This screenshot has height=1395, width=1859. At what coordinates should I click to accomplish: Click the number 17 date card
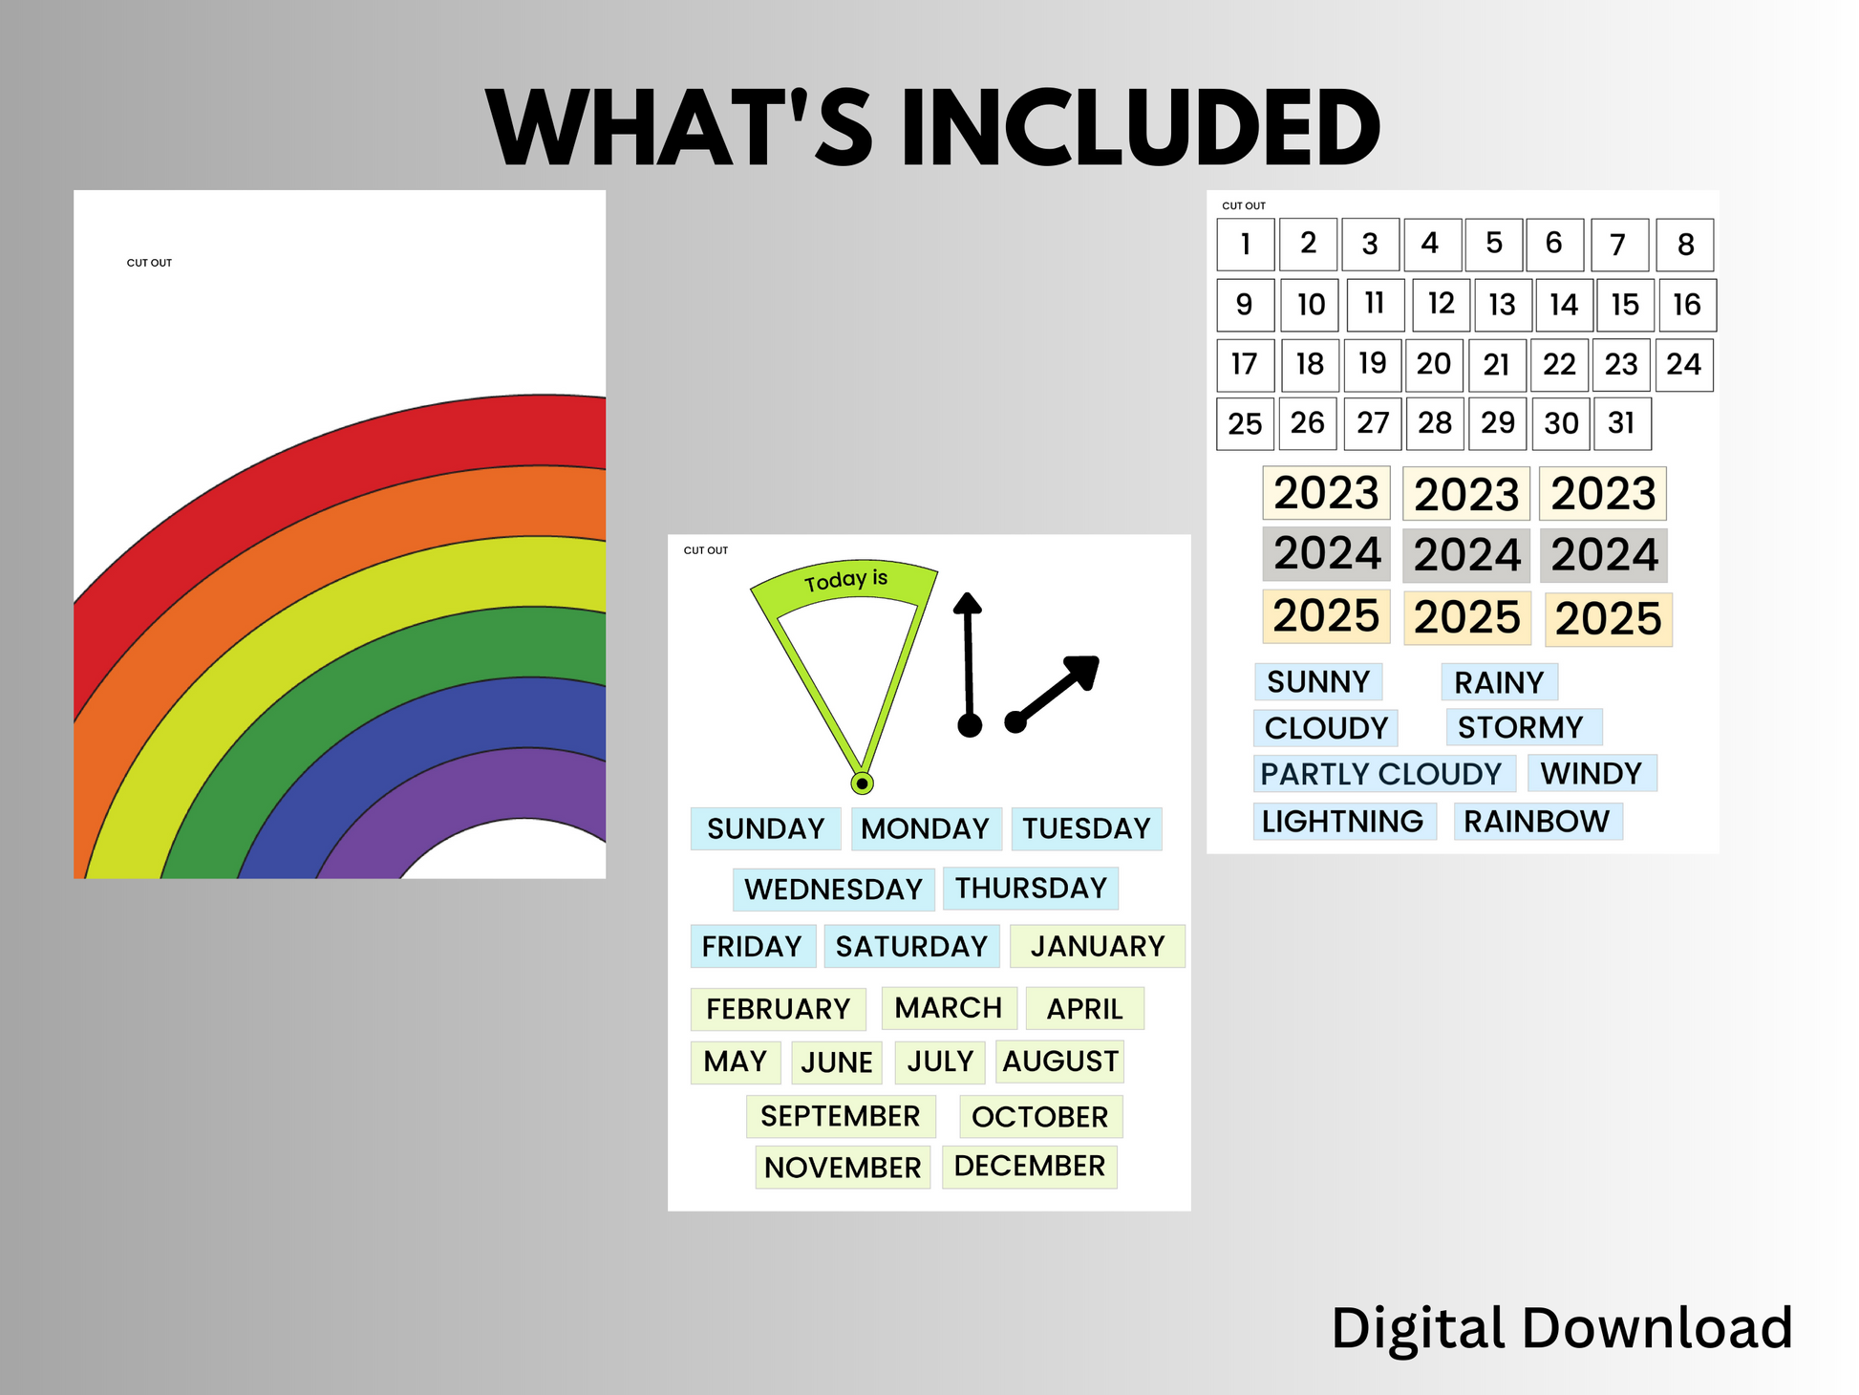pyautogui.click(x=1245, y=364)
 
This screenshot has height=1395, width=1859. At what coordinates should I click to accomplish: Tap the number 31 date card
pyautogui.click(x=1622, y=423)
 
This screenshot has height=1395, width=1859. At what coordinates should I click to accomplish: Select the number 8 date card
pyautogui.click(x=1685, y=245)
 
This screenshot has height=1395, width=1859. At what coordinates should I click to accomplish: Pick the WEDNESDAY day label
pyautogui.click(x=833, y=889)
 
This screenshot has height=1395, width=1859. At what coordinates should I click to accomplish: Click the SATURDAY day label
pyautogui.click(x=911, y=946)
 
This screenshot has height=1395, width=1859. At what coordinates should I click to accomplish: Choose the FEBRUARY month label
pyautogui.click(x=778, y=1009)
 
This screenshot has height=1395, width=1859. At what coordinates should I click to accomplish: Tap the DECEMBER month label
pyautogui.click(x=1029, y=1167)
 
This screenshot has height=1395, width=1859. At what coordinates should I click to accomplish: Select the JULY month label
pyautogui.click(x=940, y=1062)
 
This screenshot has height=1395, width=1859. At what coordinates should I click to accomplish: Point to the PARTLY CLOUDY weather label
pyautogui.click(x=1384, y=773)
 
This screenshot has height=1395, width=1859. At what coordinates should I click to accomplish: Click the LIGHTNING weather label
pyautogui.click(x=1344, y=821)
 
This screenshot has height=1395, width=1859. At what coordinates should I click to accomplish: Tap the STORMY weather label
pyautogui.click(x=1524, y=727)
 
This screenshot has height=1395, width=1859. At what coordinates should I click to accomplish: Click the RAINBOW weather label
pyautogui.click(x=1538, y=821)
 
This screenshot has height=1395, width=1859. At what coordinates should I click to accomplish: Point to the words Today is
pyautogui.click(x=845, y=580)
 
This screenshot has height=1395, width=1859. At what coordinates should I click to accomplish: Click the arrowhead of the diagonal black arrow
pyautogui.click(x=1083, y=672)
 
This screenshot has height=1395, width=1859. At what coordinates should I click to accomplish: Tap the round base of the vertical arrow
pyautogui.click(x=970, y=726)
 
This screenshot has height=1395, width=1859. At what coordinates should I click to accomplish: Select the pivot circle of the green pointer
pyautogui.click(x=862, y=783)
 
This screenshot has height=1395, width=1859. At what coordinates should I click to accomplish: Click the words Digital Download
pyautogui.click(x=1562, y=1328)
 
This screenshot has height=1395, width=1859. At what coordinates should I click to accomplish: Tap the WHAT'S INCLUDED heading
pyautogui.click(x=932, y=127)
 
